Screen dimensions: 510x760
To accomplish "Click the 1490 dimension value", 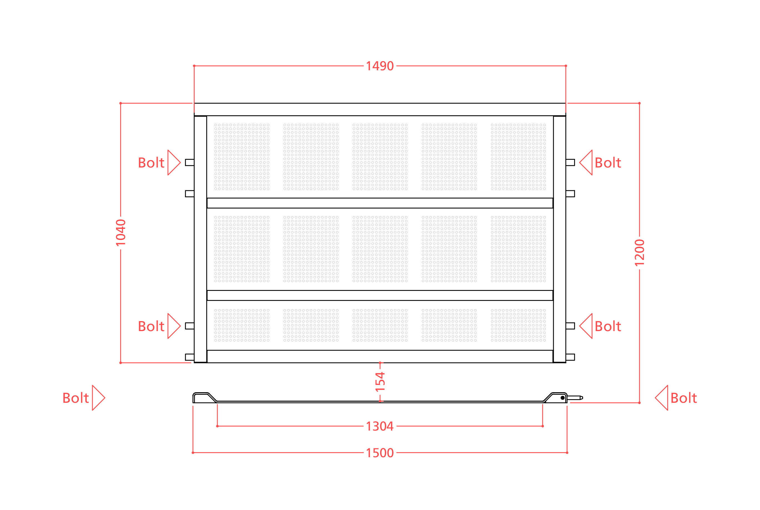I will click(x=380, y=66).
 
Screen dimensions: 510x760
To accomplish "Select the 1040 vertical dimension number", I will click(x=121, y=233).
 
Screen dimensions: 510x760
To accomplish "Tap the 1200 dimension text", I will click(x=639, y=253).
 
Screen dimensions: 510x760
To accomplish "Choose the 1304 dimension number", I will click(x=380, y=426).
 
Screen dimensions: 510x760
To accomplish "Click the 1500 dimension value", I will click(x=380, y=453).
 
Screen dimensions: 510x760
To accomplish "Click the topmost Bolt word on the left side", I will click(x=151, y=162).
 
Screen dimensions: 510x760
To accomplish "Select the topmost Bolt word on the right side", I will click(x=608, y=162).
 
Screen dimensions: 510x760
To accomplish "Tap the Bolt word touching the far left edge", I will click(x=76, y=398).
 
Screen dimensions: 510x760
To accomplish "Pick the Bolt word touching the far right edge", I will click(x=683, y=398).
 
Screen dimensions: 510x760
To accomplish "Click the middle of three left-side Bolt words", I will click(x=151, y=326).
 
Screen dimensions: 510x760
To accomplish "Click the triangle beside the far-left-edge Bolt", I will click(x=98, y=398).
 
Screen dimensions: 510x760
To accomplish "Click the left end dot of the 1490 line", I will click(x=194, y=66).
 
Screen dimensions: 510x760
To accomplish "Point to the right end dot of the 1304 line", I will click(x=543, y=426).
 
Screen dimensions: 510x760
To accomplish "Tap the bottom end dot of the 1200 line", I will click(x=639, y=403).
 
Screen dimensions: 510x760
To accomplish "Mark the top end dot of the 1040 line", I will click(x=121, y=103).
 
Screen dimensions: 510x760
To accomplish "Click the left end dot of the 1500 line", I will click(x=193, y=453).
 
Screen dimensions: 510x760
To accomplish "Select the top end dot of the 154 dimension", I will click(x=380, y=363).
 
